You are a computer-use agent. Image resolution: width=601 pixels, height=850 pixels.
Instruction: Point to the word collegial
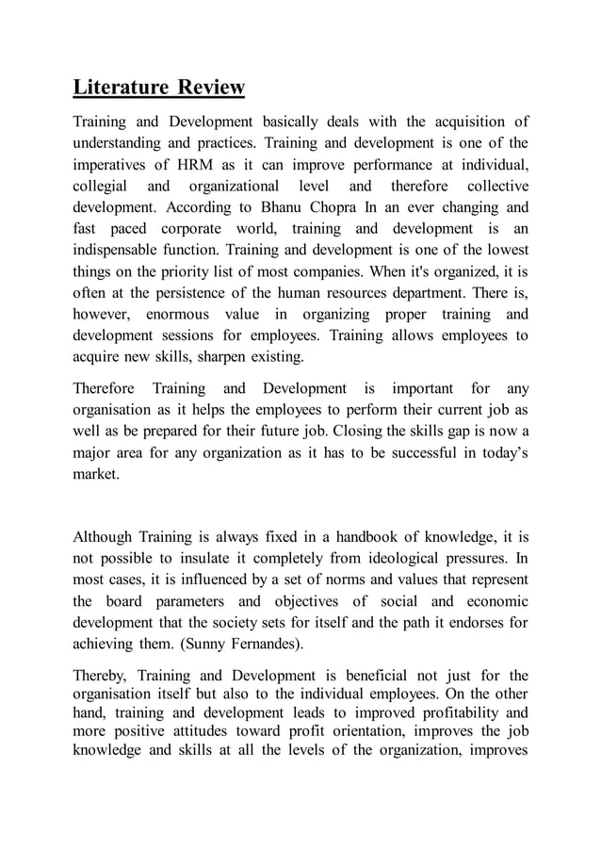(x=103, y=186)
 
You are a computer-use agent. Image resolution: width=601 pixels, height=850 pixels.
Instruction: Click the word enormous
(x=180, y=315)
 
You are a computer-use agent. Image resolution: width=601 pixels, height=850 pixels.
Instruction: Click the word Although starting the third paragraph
(x=104, y=539)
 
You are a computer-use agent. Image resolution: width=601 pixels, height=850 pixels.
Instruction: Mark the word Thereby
(x=102, y=676)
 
